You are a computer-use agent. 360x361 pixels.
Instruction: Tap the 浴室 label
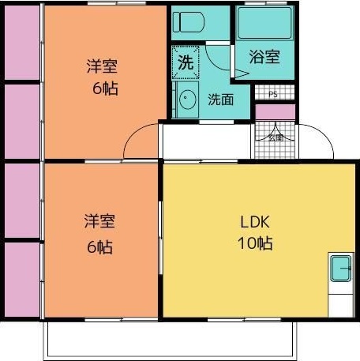click(264, 57)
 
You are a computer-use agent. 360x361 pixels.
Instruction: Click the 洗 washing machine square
click(185, 63)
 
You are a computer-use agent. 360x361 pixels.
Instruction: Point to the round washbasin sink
click(187, 101)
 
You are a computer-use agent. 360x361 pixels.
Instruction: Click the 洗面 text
click(220, 100)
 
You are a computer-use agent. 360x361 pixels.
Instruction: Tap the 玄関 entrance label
click(276, 137)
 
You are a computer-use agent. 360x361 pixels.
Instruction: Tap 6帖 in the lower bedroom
click(99, 246)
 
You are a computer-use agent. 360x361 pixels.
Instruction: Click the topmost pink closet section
click(22, 43)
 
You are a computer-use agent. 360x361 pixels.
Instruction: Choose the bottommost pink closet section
click(22, 280)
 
